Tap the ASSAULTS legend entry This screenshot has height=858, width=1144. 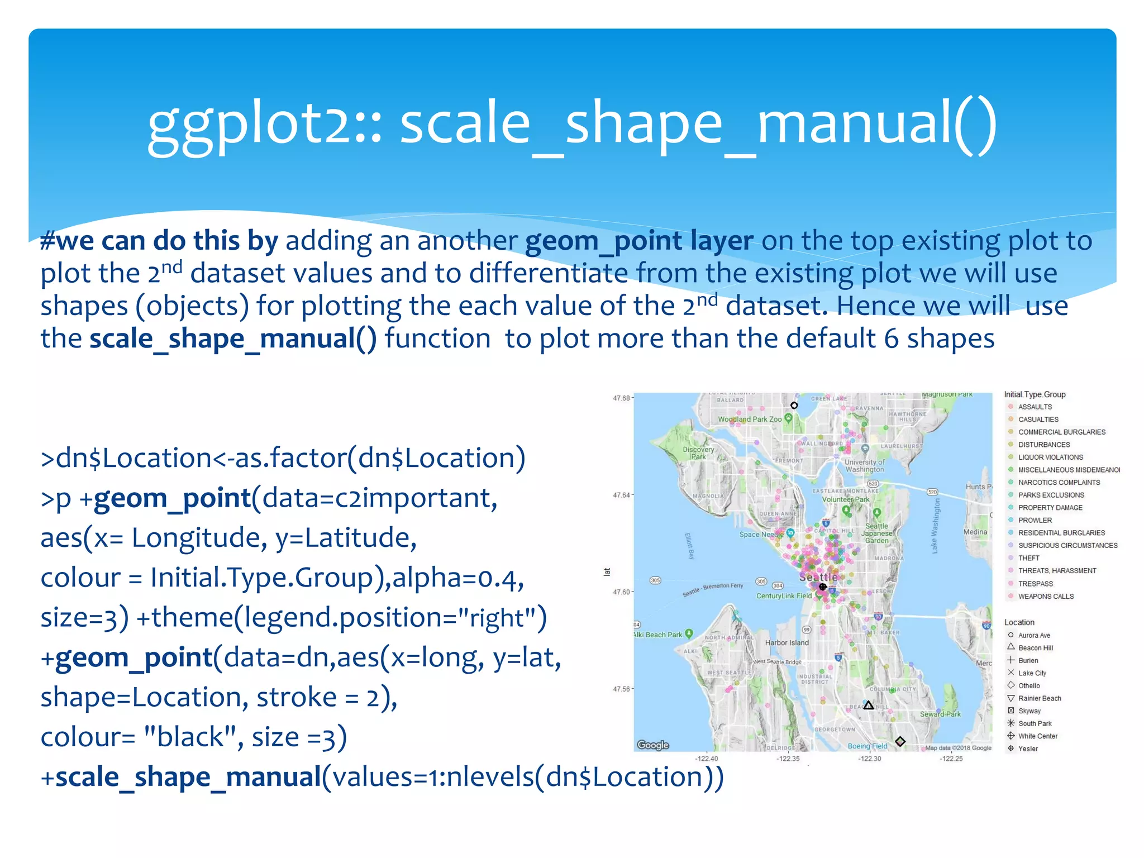click(x=1035, y=407)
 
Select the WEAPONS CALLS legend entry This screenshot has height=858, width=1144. click(x=1045, y=596)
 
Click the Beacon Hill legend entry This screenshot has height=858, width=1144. click(x=1035, y=648)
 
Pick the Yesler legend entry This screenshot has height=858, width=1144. click(x=1028, y=749)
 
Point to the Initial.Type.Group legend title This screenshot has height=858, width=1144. click(x=1035, y=394)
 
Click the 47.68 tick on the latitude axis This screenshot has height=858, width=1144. click(x=621, y=398)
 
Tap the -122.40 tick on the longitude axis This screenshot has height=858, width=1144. click(x=707, y=759)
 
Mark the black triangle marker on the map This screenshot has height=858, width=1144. click(x=869, y=706)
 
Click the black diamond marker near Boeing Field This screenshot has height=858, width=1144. click(x=900, y=741)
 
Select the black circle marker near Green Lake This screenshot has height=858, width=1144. click(x=794, y=406)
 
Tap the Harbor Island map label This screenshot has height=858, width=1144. click(x=786, y=643)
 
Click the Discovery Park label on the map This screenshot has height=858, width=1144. click(x=698, y=453)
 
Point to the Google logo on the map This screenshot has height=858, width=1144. click(x=652, y=745)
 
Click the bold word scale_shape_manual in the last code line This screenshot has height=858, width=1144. click(x=188, y=778)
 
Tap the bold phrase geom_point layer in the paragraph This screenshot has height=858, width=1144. click(x=639, y=241)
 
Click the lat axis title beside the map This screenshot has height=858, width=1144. click(x=607, y=571)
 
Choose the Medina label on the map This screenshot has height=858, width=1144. click(x=975, y=532)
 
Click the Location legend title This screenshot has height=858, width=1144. click(x=1019, y=622)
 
